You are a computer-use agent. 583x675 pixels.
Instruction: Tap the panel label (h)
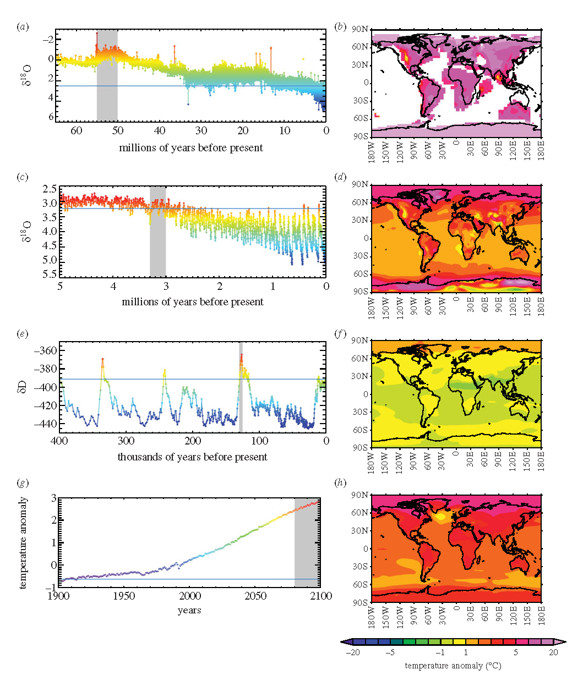[342, 484]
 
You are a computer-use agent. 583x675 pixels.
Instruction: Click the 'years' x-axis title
[189, 610]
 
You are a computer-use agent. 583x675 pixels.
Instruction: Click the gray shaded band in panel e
[241, 387]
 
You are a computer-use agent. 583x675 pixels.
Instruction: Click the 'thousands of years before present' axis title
[192, 457]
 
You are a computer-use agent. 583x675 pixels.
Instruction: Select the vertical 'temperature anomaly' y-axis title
[25, 542]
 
